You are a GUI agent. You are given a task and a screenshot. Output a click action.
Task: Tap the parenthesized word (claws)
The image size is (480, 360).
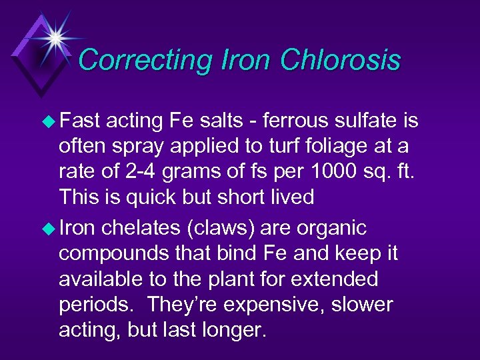[219, 229]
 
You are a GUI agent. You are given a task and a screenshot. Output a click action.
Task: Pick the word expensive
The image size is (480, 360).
[288, 305]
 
